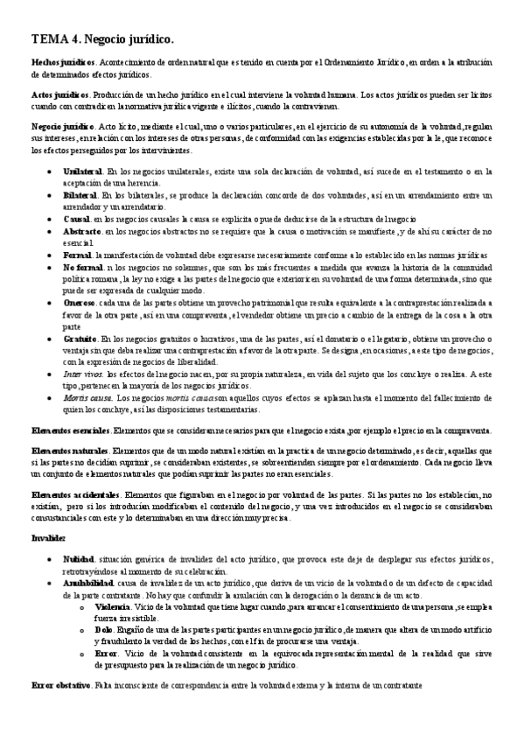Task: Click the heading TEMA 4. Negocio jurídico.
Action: (x=102, y=38)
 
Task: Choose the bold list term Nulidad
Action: (x=79, y=557)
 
